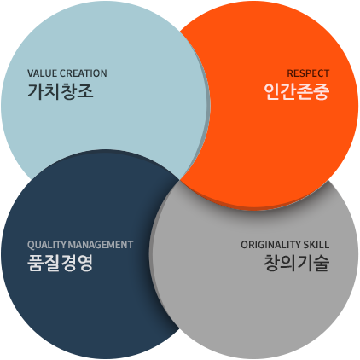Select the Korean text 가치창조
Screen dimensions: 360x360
[61, 91]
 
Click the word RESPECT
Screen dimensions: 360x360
[308, 73]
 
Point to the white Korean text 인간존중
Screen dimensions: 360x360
[297, 91]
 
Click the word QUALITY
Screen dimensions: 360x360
[47, 245]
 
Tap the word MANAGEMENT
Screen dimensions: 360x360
[101, 245]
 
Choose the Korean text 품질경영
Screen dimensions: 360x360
[61, 263]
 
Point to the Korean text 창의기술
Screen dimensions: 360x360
[297, 263]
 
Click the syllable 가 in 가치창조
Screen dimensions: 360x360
[35, 91]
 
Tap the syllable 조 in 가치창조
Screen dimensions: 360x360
[85, 91]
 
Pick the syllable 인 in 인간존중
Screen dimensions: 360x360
[271, 91]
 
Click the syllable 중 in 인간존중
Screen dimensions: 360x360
[322, 91]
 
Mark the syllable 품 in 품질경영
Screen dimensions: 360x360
[35, 263]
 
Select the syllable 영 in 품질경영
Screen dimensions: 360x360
[85, 263]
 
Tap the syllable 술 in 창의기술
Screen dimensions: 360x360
[322, 263]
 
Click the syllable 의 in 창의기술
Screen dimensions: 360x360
[288, 263]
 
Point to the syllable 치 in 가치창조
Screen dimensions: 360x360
[52, 91]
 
